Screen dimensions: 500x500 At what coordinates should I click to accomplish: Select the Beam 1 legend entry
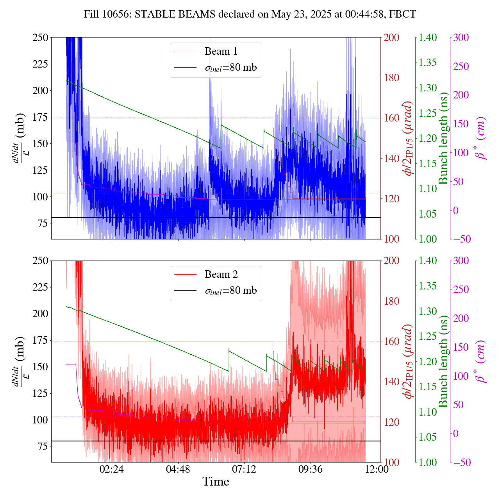[x=221, y=51]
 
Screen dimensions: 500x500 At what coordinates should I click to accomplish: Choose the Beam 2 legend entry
[x=221, y=275]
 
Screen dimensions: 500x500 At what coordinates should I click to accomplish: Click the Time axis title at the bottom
[x=216, y=482]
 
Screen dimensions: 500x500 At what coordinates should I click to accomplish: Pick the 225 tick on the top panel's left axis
[x=40, y=64]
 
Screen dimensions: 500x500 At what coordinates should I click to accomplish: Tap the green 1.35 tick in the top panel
[x=429, y=62]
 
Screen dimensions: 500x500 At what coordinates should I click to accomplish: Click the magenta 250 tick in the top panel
[x=461, y=66]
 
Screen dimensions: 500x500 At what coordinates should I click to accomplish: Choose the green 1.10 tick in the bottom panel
[x=429, y=412]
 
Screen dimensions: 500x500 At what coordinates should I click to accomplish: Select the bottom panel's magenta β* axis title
[x=481, y=361]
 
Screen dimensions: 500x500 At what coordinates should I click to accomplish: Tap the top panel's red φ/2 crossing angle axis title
[x=408, y=139]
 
